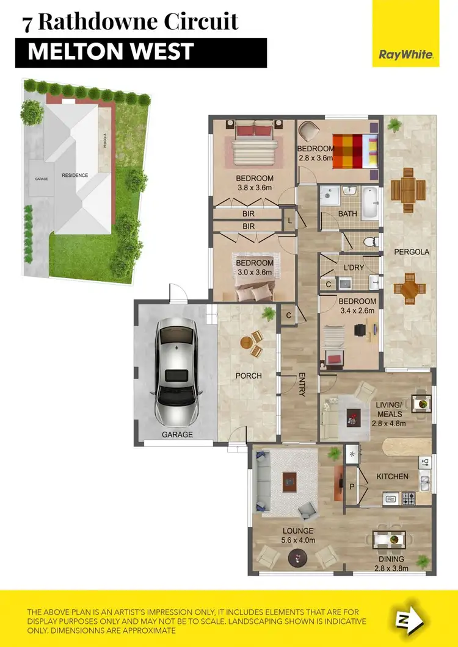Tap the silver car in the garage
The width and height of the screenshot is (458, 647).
pyautogui.click(x=175, y=375)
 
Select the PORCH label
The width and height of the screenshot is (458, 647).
pyautogui.click(x=249, y=376)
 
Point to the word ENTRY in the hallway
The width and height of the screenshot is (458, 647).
pyautogui.click(x=301, y=385)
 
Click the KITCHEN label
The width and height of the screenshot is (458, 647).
pyautogui.click(x=391, y=476)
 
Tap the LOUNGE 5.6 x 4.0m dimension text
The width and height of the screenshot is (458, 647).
pyautogui.click(x=298, y=540)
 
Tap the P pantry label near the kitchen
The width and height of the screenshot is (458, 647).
pyautogui.click(x=352, y=486)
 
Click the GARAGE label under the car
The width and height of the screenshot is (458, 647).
pyautogui.click(x=177, y=435)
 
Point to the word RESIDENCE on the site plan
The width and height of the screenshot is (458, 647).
pyautogui.click(x=75, y=176)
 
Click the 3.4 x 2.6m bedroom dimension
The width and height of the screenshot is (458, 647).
pyautogui.click(x=357, y=312)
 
